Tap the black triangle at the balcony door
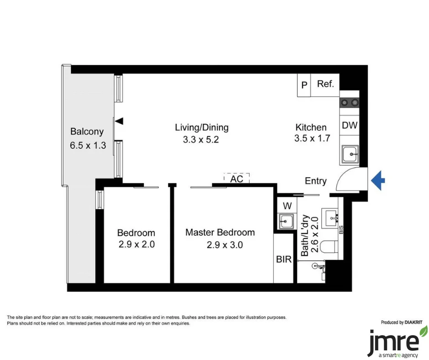pyautogui.click(x=120, y=121)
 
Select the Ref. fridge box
pyautogui.click(x=325, y=85)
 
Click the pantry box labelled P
pyautogui.click(x=304, y=85)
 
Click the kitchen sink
pyautogui.click(x=351, y=154)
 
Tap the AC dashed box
pyautogui.click(x=236, y=179)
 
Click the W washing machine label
pyautogui.click(x=287, y=205)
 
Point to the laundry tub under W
pyautogui.click(x=287, y=221)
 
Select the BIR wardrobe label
pyautogui.click(x=284, y=259)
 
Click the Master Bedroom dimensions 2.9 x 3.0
pyautogui.click(x=225, y=245)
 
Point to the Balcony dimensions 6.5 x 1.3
pyautogui.click(x=87, y=146)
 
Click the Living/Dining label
pyautogui.click(x=202, y=127)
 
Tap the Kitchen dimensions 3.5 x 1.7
pyautogui.click(x=312, y=139)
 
